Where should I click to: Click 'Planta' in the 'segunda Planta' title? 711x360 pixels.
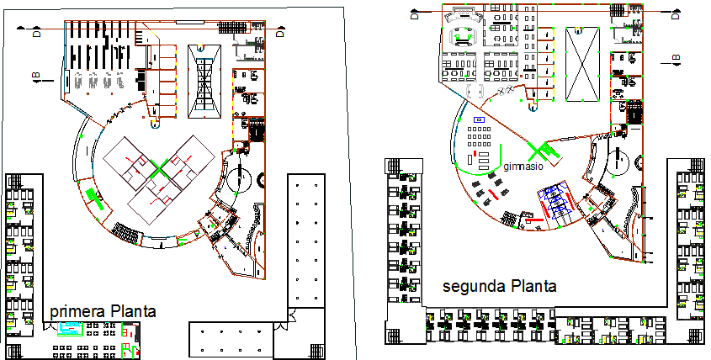[x=533, y=286]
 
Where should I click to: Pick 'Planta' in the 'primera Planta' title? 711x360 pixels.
[x=131, y=312]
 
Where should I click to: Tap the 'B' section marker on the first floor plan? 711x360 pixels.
[x=36, y=77]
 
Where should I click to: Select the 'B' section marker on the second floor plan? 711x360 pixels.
[x=676, y=58]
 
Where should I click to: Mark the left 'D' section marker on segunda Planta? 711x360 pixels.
[x=414, y=14]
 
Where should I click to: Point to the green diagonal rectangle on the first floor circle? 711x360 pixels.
[x=94, y=199]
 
